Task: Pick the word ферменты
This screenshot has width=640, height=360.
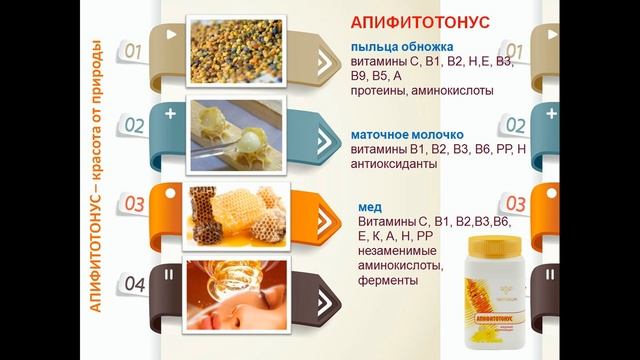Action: pos(386,282)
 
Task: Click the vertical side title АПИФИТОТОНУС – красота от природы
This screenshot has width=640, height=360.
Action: pos(97,175)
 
